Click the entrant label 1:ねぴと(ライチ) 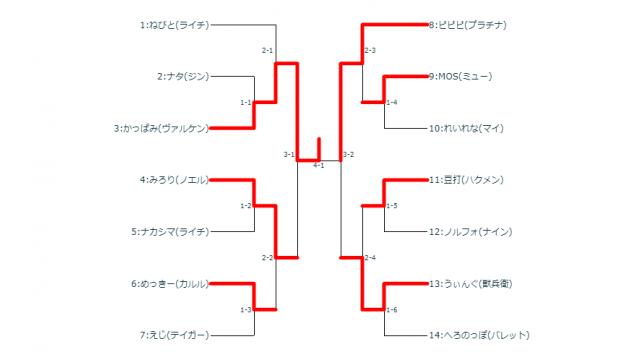click(175, 24)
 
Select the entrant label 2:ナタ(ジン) click(182, 76)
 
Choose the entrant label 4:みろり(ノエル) click(175, 180)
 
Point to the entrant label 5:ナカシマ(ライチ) click(171, 232)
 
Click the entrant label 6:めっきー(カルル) click(170, 283)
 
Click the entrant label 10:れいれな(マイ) click(466, 128)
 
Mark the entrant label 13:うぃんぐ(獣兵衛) click(473, 283)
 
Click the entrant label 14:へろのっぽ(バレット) click(478, 335)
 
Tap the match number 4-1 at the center click(318, 165)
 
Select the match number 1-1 click(246, 102)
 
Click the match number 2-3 click(370, 50)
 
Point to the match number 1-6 click(392, 309)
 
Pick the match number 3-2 click(349, 154)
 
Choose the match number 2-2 click(268, 257)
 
